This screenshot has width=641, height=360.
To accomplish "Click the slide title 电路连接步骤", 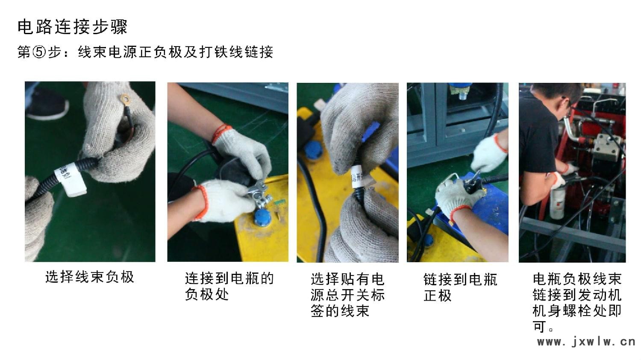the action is pos(72,27).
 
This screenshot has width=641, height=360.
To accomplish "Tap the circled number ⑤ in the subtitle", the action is pos(39,52).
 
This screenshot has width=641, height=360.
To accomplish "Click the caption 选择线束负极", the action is pos(90,277).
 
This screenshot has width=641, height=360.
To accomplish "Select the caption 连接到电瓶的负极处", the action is pos(229,286).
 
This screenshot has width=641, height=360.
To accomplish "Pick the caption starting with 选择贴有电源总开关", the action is pos(347,295).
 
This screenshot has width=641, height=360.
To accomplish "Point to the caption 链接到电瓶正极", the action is pos(460,287).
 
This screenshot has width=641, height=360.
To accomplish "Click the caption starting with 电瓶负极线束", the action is pos(577,303).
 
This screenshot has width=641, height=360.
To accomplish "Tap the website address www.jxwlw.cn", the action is pos(586,342).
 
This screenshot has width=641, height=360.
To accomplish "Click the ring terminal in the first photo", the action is pos(125,99).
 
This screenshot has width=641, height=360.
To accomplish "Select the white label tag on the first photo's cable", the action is pos(71,179).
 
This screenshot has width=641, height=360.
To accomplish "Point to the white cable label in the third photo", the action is pos(359,177).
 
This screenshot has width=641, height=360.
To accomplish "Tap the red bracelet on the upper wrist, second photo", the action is pos(221,132).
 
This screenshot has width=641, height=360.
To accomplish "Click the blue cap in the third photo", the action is pos(314,150).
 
